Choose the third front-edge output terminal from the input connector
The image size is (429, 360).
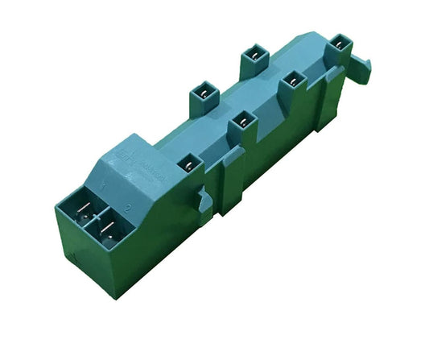click(x=292, y=81)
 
